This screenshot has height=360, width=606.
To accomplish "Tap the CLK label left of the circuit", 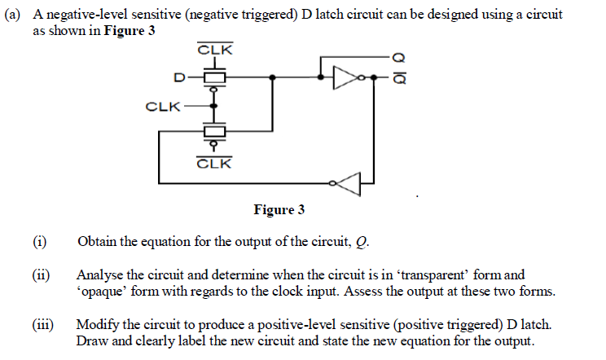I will (x=162, y=106).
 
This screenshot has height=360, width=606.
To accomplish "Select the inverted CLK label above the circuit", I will (x=215, y=50).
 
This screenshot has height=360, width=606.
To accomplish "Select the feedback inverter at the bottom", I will (x=345, y=185).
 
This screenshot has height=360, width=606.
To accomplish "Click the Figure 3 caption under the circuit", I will (x=279, y=210).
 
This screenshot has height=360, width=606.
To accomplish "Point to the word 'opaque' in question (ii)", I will (x=100, y=291).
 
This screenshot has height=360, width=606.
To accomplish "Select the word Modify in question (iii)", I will (x=96, y=325).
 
